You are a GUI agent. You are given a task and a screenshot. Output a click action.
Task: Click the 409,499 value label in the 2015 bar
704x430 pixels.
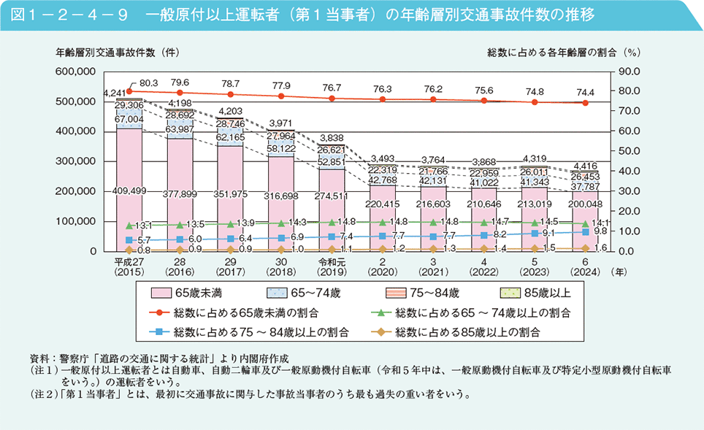tap(129, 191)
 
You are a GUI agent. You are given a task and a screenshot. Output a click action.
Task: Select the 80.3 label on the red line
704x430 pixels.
tap(149, 84)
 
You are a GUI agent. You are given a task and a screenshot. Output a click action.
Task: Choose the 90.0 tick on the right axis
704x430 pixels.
tap(629, 72)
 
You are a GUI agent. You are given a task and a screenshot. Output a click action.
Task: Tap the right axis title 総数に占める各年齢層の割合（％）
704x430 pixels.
tap(563, 52)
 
